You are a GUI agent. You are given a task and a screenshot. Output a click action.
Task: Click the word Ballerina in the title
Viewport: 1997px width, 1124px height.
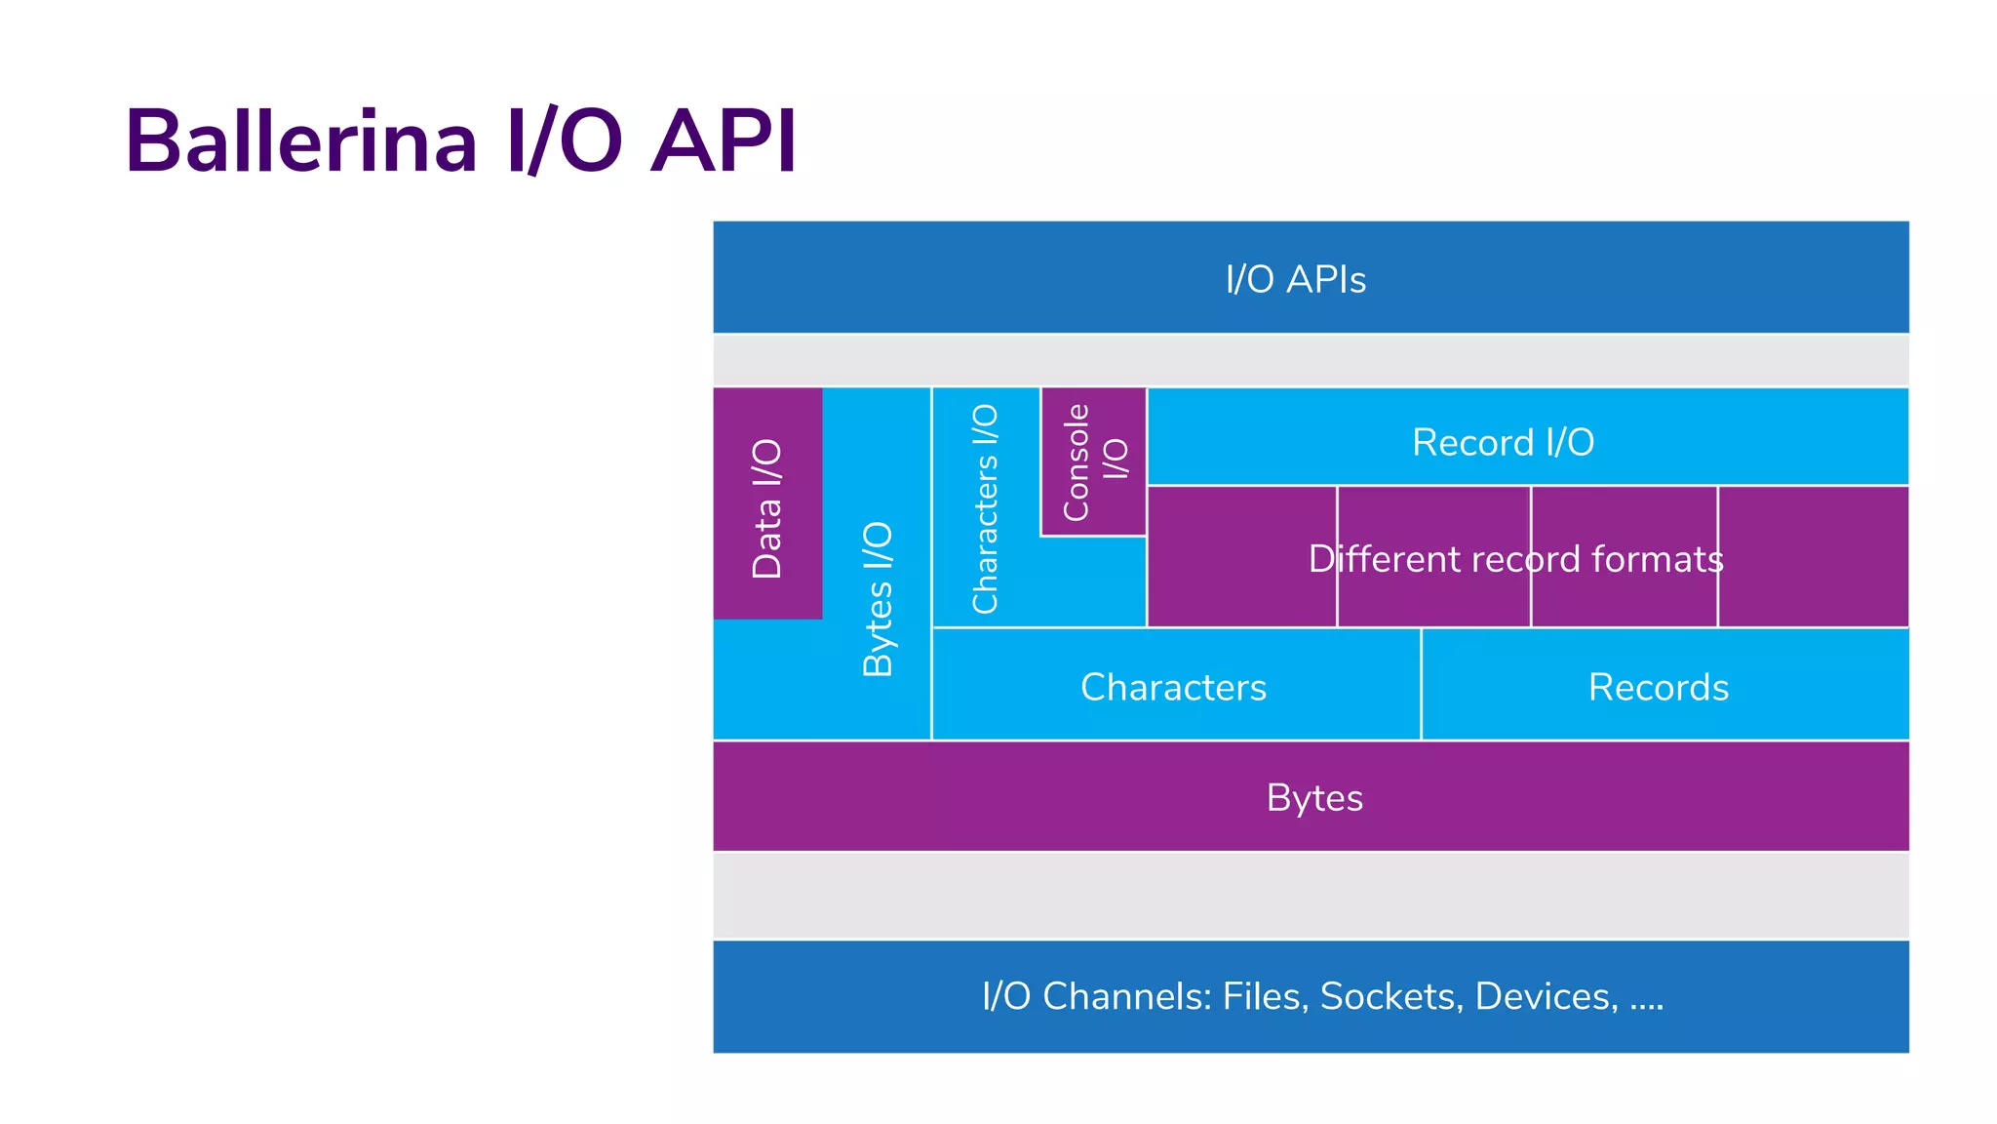(x=301, y=141)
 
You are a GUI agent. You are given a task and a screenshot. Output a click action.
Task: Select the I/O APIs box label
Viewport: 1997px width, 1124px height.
(x=1295, y=279)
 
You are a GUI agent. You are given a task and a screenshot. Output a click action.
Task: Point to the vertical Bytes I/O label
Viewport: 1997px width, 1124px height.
(x=878, y=598)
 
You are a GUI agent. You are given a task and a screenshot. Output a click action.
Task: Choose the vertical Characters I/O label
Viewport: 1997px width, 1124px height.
(x=985, y=508)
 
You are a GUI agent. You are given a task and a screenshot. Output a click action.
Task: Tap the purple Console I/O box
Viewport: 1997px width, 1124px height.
(x=1093, y=462)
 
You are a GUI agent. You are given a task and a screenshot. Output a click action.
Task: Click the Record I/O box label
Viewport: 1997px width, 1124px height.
(x=1503, y=442)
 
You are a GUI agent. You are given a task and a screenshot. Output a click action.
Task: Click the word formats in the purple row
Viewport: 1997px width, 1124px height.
(x=1657, y=559)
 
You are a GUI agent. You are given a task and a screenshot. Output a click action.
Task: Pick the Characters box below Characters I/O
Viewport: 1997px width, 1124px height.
(x=1173, y=687)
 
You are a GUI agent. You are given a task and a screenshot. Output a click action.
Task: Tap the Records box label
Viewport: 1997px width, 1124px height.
(x=1658, y=687)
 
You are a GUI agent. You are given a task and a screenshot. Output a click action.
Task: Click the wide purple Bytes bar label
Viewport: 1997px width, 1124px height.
(x=1313, y=797)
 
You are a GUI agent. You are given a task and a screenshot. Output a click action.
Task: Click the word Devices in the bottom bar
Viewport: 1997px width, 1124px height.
(x=1546, y=996)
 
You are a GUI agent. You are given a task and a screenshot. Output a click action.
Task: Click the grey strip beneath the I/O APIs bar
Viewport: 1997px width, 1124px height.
(x=1310, y=360)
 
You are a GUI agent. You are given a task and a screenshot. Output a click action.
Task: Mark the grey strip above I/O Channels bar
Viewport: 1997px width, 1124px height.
(x=1310, y=895)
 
